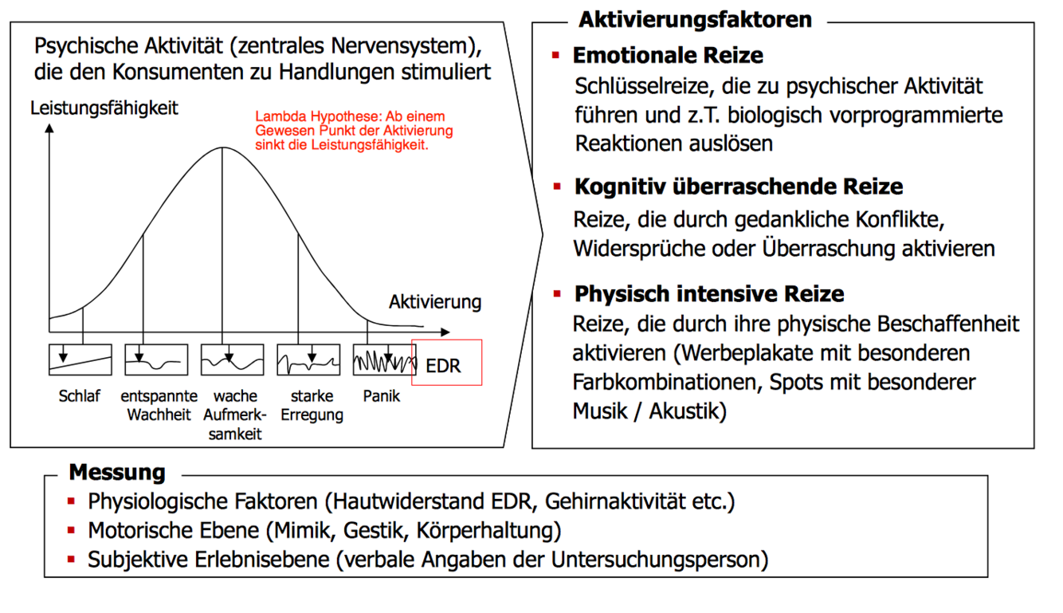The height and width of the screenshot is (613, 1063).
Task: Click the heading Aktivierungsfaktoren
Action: [x=695, y=19]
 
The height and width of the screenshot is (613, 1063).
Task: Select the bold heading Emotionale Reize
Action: [x=668, y=56]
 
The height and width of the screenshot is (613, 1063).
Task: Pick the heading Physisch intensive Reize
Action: [x=708, y=294]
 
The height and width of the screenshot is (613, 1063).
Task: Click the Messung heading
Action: [x=116, y=472]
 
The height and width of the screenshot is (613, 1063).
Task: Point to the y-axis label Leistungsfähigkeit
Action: [x=104, y=108]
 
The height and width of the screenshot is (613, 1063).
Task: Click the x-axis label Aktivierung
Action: [x=435, y=302]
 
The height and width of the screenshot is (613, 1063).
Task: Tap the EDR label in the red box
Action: [x=443, y=367]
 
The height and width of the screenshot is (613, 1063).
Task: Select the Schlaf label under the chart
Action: [x=79, y=396]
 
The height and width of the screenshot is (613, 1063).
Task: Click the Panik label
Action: [x=381, y=396]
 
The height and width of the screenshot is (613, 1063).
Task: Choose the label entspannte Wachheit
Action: [x=159, y=405]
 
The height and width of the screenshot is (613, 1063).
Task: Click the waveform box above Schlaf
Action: [x=80, y=360]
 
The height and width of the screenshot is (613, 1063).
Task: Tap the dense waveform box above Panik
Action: [x=384, y=360]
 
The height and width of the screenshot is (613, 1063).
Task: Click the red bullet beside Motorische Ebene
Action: [x=71, y=529]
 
